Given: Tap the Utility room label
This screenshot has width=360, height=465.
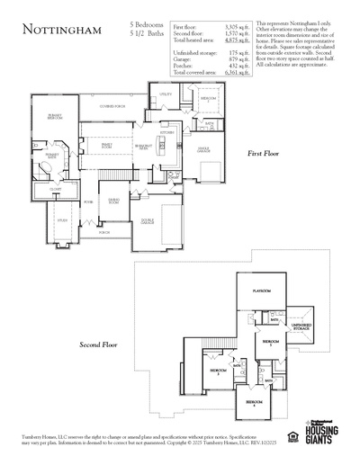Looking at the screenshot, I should (x=166, y=94).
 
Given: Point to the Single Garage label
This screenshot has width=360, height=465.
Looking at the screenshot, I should (x=203, y=149).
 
